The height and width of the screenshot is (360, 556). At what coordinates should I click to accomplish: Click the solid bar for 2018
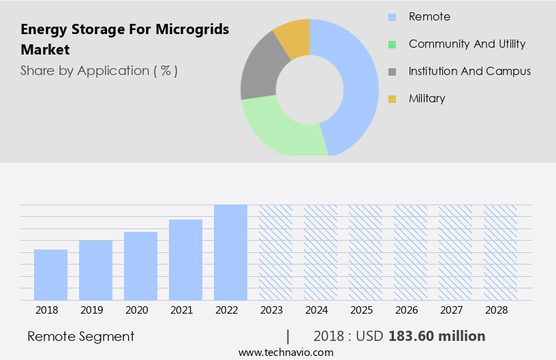pyautogui.click(x=50, y=275)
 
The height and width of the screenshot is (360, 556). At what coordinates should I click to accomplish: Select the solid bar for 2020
pyautogui.click(x=140, y=266)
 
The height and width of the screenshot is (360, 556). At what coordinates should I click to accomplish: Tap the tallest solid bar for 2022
pyautogui.click(x=230, y=252)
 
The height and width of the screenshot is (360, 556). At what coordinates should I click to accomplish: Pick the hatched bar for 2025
pyautogui.click(x=365, y=252)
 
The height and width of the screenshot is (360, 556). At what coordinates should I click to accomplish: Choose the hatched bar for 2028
pyautogui.click(x=500, y=252)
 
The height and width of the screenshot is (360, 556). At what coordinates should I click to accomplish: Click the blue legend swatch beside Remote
pyautogui.click(x=392, y=17)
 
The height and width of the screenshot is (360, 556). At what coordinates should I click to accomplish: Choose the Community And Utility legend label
pyautogui.click(x=467, y=44)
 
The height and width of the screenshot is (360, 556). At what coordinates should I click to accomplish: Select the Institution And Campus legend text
pyautogui.click(x=469, y=71)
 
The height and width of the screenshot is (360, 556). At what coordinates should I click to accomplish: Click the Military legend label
pyautogui.click(x=427, y=98)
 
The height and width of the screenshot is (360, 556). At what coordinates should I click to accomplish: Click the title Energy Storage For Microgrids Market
pyautogui.click(x=125, y=40)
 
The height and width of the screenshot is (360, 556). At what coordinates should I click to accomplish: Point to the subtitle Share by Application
pyautogui.click(x=99, y=70)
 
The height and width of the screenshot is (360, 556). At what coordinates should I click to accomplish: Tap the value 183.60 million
pyautogui.click(x=437, y=336)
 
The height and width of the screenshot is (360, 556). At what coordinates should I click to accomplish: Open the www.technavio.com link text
pyautogui.click(x=286, y=352)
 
